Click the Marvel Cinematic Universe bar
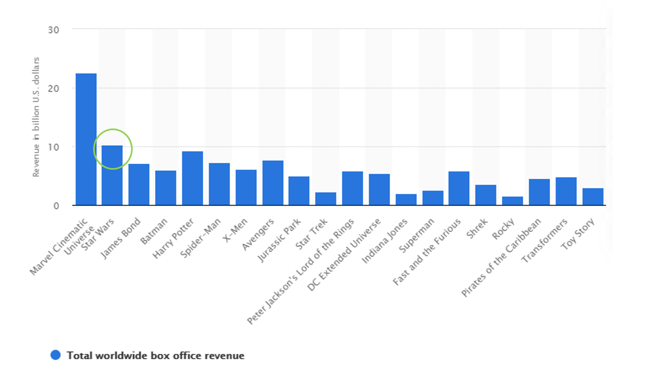tap(86, 139)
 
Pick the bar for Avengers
tap(272, 183)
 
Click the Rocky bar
tap(512, 201)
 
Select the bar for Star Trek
tap(325, 199)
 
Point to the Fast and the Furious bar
tap(459, 188)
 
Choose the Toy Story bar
tap(592, 196)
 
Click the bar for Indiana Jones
tap(406, 199)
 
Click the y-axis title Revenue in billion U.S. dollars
tap(36, 117)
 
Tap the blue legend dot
tap(56, 355)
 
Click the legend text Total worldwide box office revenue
tap(155, 355)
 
